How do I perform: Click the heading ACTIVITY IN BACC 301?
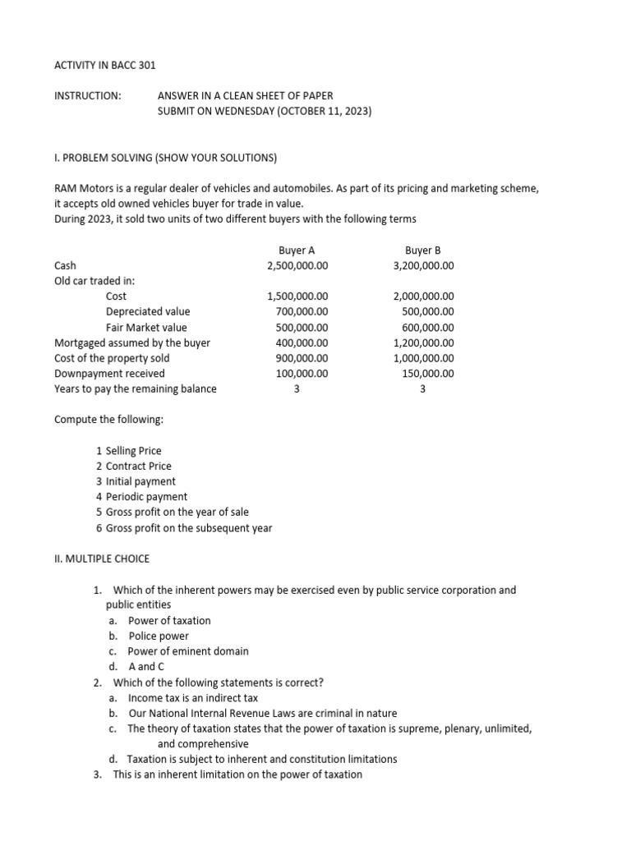click(104, 65)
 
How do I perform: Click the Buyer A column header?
click(297, 250)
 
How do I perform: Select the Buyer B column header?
click(423, 250)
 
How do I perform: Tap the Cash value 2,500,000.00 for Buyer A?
click(297, 265)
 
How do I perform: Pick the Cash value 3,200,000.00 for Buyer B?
click(423, 265)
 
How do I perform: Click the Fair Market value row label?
click(146, 327)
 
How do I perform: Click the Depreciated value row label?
click(148, 311)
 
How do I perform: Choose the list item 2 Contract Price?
click(134, 466)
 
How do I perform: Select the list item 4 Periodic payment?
click(141, 497)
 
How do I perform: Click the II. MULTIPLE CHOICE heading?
click(102, 558)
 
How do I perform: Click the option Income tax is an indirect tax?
click(192, 697)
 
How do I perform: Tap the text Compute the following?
click(108, 420)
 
